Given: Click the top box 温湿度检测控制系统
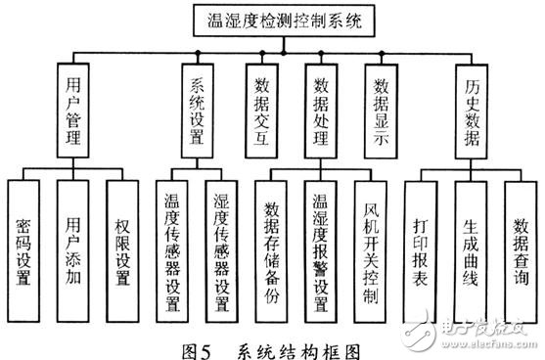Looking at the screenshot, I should (x=278, y=21).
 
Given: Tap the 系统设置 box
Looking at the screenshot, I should (x=197, y=108).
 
